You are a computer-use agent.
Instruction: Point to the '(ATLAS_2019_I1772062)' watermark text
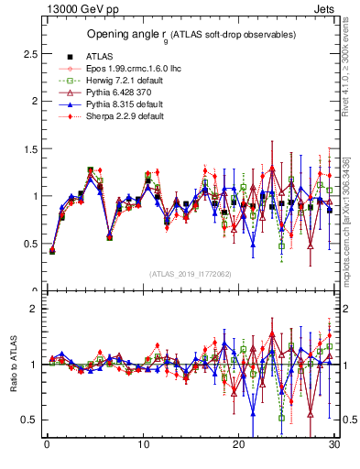[191, 272]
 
